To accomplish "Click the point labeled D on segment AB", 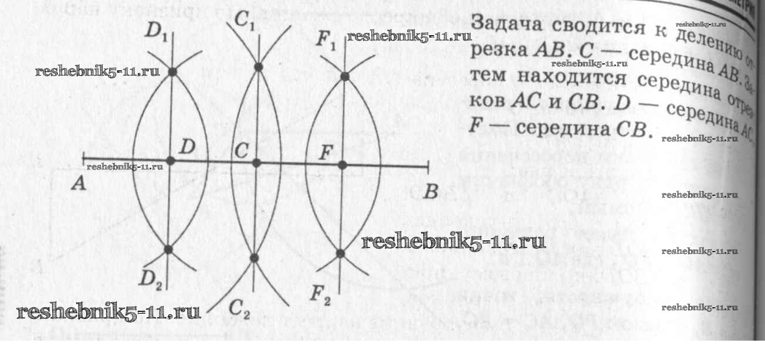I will pos(171,160).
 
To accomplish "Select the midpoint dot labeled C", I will pos(256,162).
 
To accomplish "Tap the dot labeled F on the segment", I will pos(343,165).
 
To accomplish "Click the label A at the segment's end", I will pos(78,185).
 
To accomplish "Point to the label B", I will pos(431,192).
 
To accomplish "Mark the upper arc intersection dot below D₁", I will pos(172,72).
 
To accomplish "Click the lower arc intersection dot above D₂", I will pos(168,249).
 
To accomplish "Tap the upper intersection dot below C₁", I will pos(258,67).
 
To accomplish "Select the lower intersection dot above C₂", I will pos(253,257).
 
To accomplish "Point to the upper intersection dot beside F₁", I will pos(345,76).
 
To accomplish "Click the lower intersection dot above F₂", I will pos(340,253).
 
